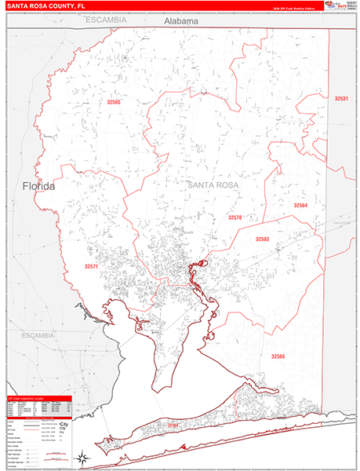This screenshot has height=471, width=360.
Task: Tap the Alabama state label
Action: (181, 22)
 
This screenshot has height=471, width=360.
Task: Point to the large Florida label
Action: (38, 187)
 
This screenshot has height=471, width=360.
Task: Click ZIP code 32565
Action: (115, 102)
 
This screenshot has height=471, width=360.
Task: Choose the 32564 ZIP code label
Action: (300, 205)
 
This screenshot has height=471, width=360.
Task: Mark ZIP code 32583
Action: (262, 239)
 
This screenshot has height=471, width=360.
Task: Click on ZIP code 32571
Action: (92, 267)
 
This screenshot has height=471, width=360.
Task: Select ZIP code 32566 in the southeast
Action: (278, 356)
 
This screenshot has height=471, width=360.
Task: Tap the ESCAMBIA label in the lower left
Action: (38, 335)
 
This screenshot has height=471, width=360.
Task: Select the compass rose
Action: (80, 457)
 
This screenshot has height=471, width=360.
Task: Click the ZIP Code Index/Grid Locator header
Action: (40, 399)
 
